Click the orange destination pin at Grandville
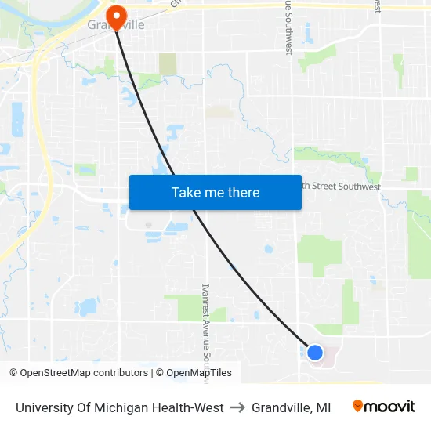(x=116, y=16)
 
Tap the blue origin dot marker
(x=314, y=353)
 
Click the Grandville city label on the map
(x=116, y=25)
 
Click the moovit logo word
(x=390, y=407)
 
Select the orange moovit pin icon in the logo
(x=358, y=407)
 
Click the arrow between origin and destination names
(x=237, y=407)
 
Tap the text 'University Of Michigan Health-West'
(x=119, y=407)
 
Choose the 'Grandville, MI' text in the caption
(x=291, y=407)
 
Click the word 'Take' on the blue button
(x=185, y=192)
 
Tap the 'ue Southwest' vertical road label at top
(x=288, y=27)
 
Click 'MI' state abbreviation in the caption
(x=323, y=407)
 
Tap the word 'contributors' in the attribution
(x=119, y=373)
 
